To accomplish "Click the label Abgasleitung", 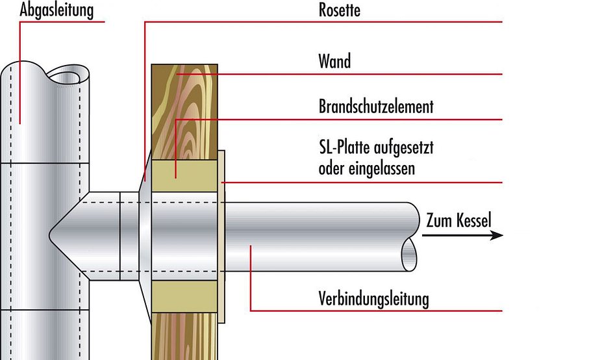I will [x=57, y=10].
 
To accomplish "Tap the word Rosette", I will [x=340, y=10].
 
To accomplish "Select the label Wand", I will [x=334, y=62].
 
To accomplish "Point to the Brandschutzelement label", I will [x=375, y=106].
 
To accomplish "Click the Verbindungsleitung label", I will [x=373, y=299].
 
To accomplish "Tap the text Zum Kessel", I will [x=459, y=220].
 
